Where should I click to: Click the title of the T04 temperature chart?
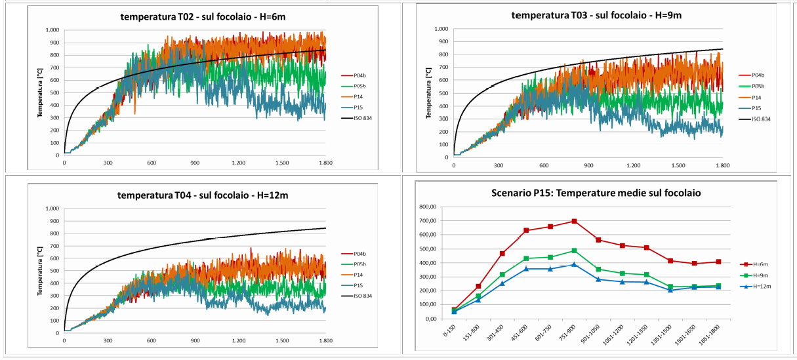pyautogui.click(x=195, y=195)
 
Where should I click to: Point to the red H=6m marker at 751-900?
pyautogui.click(x=574, y=221)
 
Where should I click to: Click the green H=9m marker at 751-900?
pyautogui.click(x=574, y=250)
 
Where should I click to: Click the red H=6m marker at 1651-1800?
pyautogui.click(x=718, y=262)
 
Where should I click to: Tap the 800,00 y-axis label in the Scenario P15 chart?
pyautogui.click(x=426, y=207)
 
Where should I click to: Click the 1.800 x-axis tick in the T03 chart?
pyautogui.click(x=722, y=165)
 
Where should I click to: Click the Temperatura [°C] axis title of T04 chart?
pyautogui.click(x=40, y=271)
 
